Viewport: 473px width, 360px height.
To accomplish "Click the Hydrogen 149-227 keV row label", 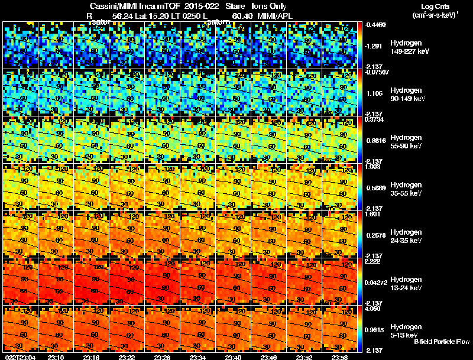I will point(406,47).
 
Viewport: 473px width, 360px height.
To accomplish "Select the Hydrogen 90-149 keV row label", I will point(406,95).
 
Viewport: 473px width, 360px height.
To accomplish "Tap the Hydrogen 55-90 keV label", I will point(406,142).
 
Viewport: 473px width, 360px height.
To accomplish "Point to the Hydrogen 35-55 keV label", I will point(406,189).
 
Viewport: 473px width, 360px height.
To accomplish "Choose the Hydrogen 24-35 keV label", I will point(406,236).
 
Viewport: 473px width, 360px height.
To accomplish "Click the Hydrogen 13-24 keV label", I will point(406,283).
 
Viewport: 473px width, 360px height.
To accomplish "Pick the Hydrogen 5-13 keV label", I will point(406,330).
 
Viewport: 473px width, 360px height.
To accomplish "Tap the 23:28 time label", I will point(163,357).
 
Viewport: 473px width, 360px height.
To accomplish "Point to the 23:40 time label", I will point(234,357).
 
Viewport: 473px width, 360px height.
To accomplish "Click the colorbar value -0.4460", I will point(376,25).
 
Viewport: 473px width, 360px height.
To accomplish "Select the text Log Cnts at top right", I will point(434,7).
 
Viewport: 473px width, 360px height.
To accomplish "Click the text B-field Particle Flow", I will point(442,342).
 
